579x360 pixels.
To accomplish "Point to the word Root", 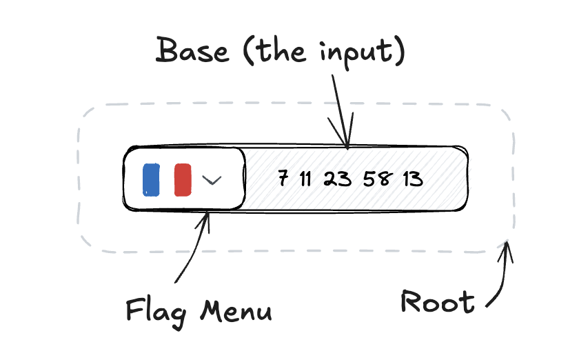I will (437, 302).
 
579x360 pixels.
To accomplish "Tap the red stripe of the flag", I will (183, 179).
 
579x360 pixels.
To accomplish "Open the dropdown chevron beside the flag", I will (212, 180).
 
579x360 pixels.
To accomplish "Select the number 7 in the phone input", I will (283, 179).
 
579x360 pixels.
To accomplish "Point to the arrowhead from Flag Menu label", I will (206, 219).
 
